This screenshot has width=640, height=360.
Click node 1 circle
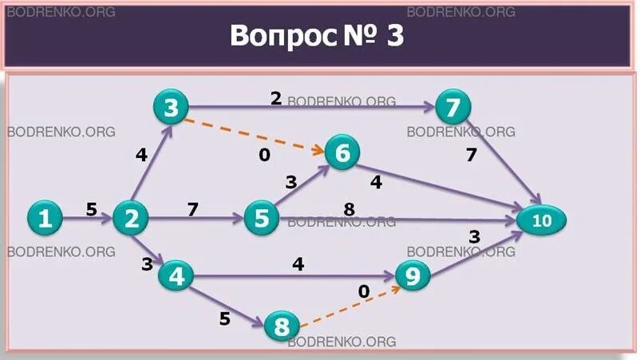coord(45,218)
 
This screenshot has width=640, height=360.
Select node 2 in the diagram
coord(129,218)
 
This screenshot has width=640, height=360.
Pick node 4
coord(176,276)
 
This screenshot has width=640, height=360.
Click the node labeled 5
coord(262,218)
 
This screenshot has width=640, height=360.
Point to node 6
coord(342,153)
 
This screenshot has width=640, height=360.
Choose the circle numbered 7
coord(453,107)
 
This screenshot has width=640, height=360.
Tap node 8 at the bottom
coord(281,326)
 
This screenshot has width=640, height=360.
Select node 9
coord(413,277)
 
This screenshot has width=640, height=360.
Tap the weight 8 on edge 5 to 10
coord(349,209)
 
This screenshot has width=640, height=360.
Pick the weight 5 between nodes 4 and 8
coord(224,318)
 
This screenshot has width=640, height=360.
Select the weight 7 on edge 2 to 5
coord(192,209)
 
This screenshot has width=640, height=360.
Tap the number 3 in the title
coord(396,35)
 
